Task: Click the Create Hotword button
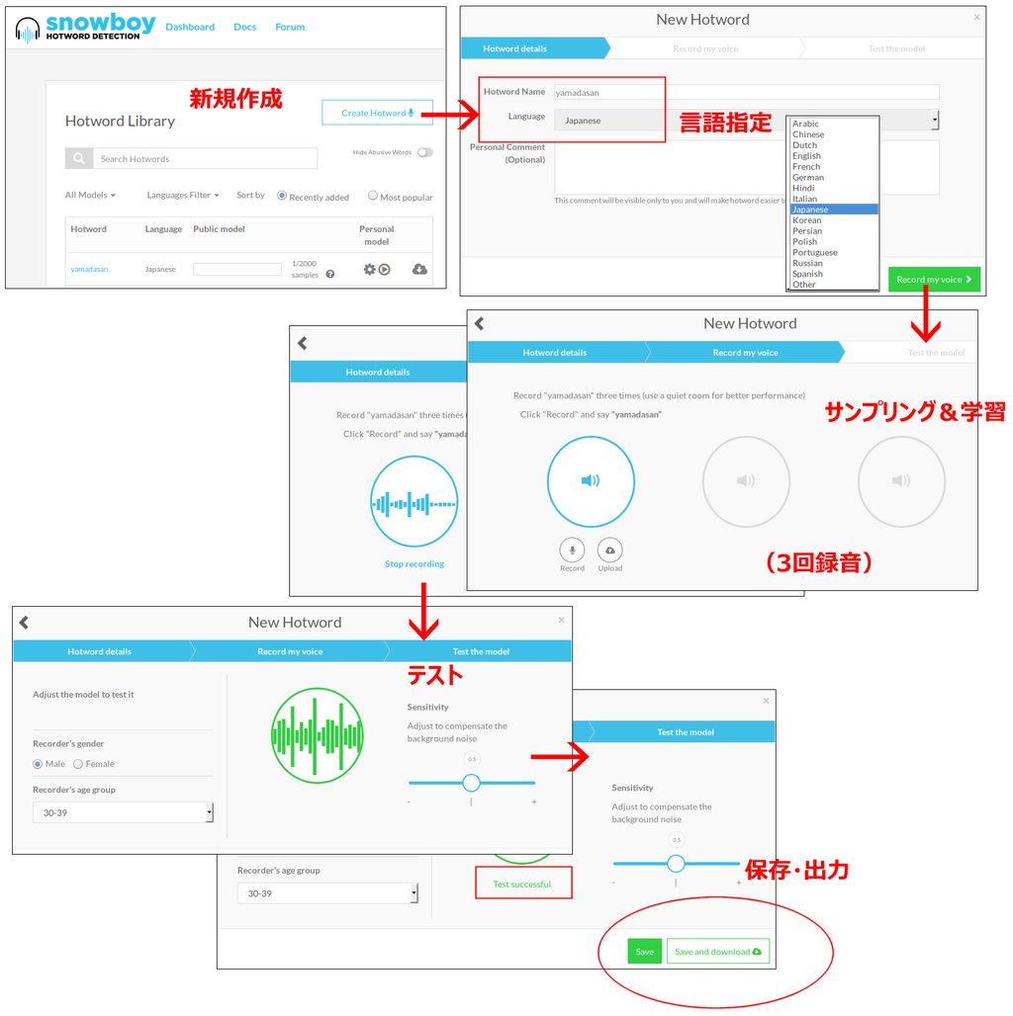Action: tap(377, 113)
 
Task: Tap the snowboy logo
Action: tap(85, 28)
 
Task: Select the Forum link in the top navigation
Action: tap(290, 28)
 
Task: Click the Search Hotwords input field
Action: tap(205, 159)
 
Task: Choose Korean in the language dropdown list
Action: tap(806, 220)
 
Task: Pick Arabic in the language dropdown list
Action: tap(805, 125)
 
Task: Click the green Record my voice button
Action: tap(934, 280)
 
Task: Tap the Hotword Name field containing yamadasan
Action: tap(746, 93)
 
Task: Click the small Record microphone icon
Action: tap(572, 550)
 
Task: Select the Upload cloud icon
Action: tap(610, 550)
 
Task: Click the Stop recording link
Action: tap(414, 564)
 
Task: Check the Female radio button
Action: tap(78, 764)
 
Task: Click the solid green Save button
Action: tap(644, 952)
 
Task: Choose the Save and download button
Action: tap(717, 952)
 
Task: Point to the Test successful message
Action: tap(522, 884)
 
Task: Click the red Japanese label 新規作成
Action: tap(235, 99)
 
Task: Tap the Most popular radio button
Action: tap(373, 196)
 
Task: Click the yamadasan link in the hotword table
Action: tap(89, 269)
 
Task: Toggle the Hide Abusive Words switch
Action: tap(424, 152)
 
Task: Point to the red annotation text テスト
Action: tap(435, 675)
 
